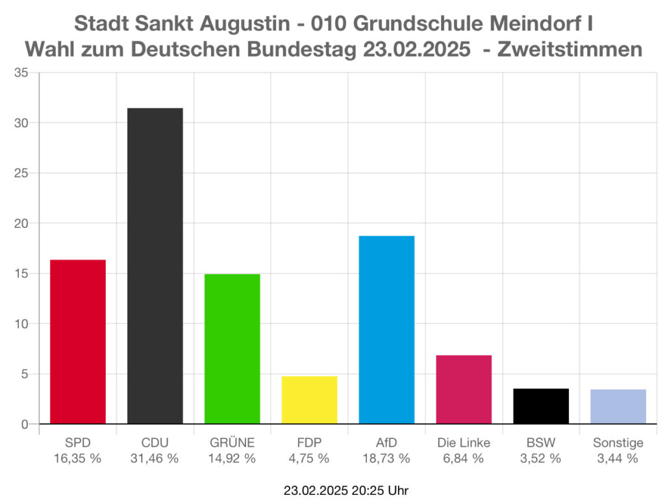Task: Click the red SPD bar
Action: pyautogui.click(x=78, y=342)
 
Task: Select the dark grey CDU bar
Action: pyautogui.click(x=155, y=266)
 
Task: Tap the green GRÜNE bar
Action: pyautogui.click(x=232, y=349)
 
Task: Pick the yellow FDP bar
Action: pyautogui.click(x=309, y=400)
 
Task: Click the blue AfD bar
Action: pyautogui.click(x=386, y=330)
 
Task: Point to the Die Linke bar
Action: pyautogui.click(x=464, y=390)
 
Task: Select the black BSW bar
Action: pyautogui.click(x=541, y=407)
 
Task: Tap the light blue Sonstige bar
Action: pyautogui.click(x=618, y=407)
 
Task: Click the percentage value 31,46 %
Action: pyautogui.click(x=155, y=459)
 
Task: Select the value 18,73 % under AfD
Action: pyautogui.click(x=386, y=459)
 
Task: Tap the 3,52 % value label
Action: pyautogui.click(x=541, y=459)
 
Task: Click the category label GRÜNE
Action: pyautogui.click(x=232, y=443)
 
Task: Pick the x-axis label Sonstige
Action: pyautogui.click(x=618, y=443)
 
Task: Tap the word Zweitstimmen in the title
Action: pyautogui.click(x=570, y=49)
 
